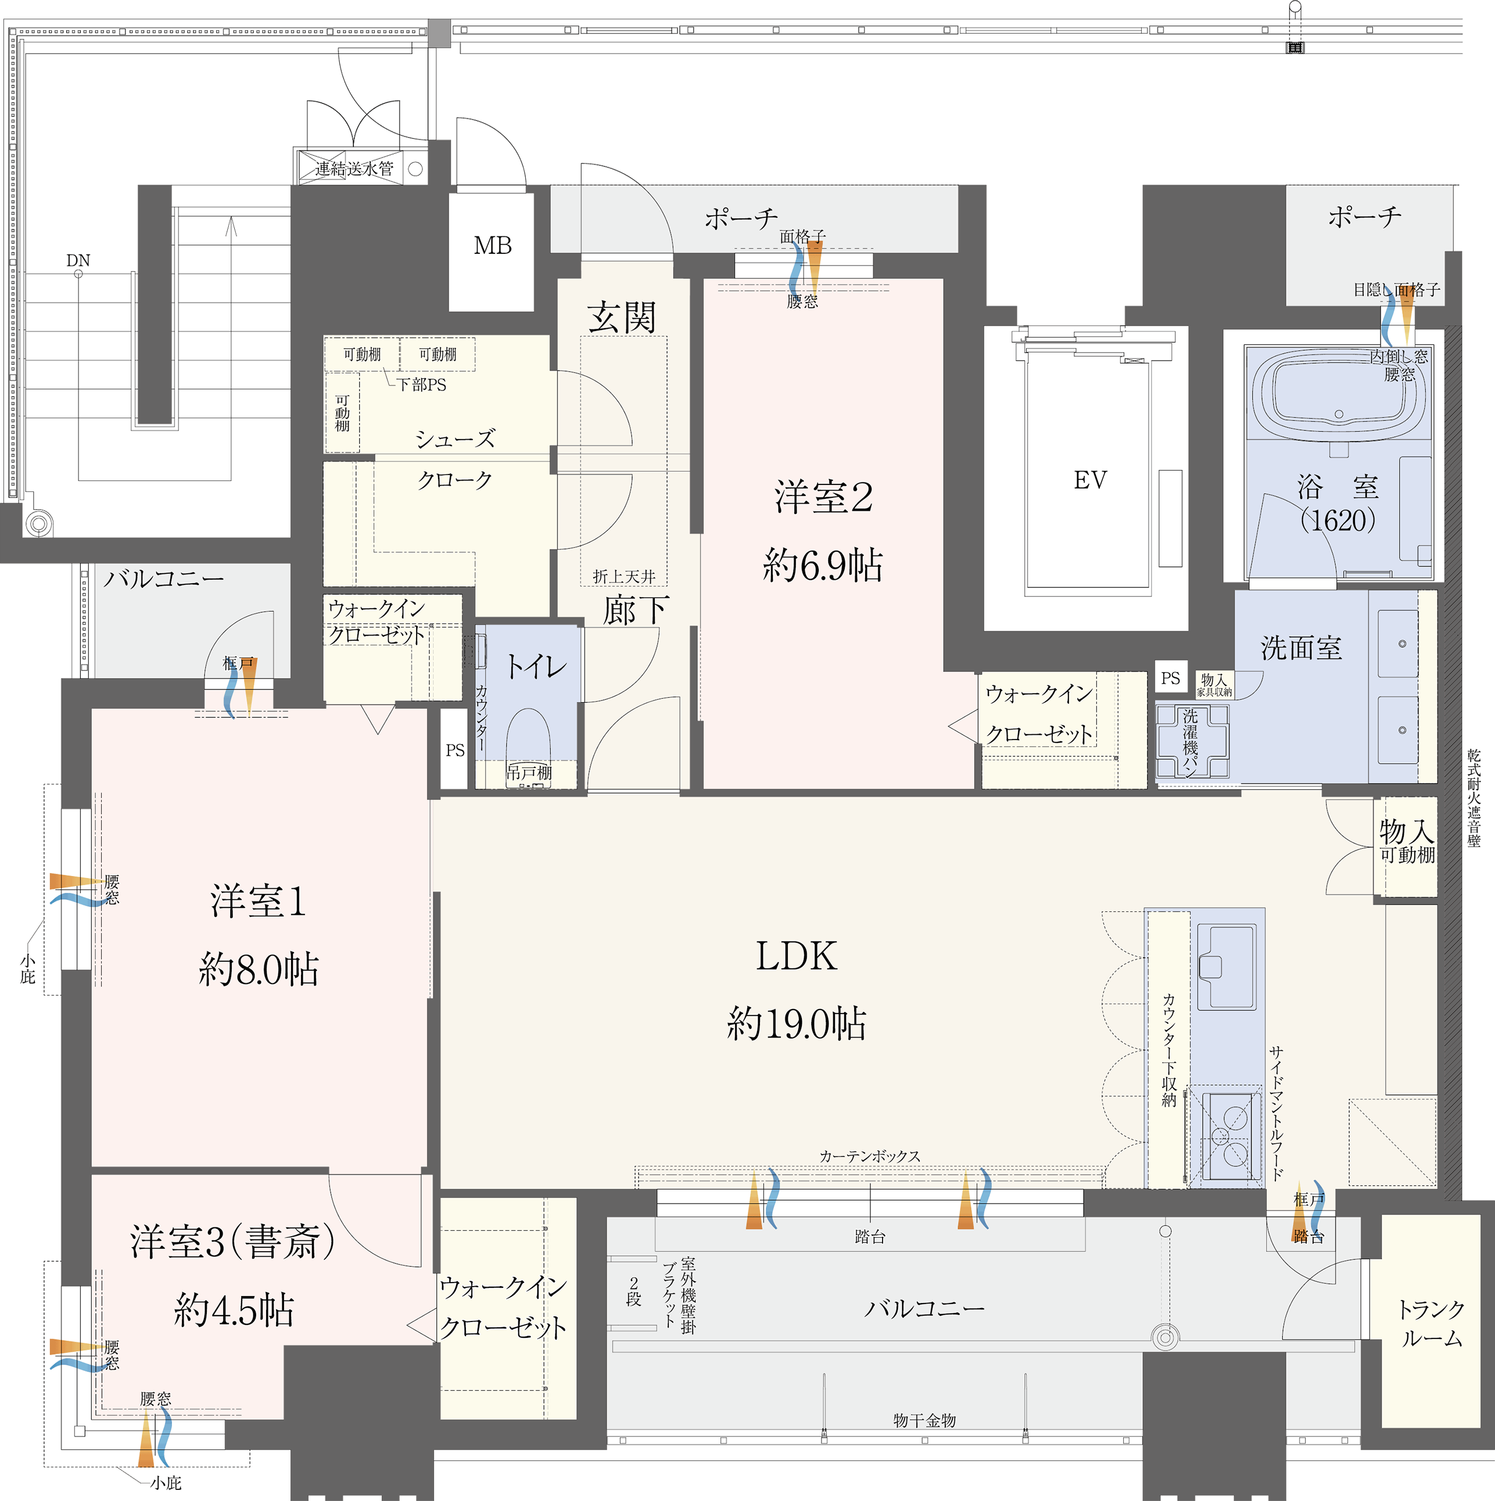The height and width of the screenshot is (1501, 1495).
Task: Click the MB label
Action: pyautogui.click(x=493, y=246)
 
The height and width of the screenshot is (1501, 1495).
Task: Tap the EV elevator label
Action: pyautogui.click(x=1090, y=480)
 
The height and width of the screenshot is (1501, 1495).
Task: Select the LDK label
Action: pyautogui.click(x=797, y=956)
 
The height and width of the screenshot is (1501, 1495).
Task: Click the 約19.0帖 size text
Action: pyautogui.click(x=797, y=1023)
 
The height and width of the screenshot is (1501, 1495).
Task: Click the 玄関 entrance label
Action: pyautogui.click(x=622, y=317)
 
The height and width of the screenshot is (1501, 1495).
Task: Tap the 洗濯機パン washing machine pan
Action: pyautogui.click(x=1192, y=742)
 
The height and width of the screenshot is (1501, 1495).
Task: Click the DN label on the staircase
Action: pyautogui.click(x=78, y=260)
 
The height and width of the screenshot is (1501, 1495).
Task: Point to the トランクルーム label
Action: pyautogui.click(x=1431, y=1323)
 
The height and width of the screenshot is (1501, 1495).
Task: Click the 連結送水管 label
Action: pyautogui.click(x=354, y=168)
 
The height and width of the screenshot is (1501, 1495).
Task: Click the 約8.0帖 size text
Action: pyautogui.click(x=259, y=969)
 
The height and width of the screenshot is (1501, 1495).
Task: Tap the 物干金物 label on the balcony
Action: pyautogui.click(x=924, y=1420)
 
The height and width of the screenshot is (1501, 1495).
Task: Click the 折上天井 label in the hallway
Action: pyautogui.click(x=624, y=576)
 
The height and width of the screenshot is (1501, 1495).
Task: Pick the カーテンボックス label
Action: pyautogui.click(x=870, y=1156)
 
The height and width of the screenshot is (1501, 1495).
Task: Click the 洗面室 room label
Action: pyautogui.click(x=1302, y=647)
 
